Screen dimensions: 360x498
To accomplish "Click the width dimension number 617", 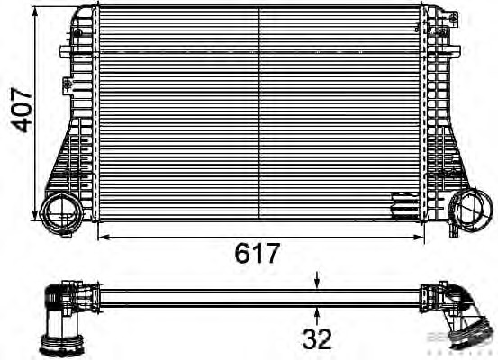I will click(x=258, y=253).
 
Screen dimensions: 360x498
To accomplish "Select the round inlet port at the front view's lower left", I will click(x=61, y=212).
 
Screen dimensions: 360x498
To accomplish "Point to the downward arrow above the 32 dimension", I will click(x=318, y=281).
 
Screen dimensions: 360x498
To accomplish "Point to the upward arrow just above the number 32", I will click(x=318, y=311).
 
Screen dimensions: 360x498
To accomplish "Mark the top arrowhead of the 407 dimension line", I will click(x=36, y=11).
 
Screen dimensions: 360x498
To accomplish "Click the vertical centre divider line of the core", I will click(x=259, y=112).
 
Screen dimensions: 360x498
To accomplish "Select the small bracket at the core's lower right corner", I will click(x=402, y=206).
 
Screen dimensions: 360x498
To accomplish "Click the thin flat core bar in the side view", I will click(x=261, y=296).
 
